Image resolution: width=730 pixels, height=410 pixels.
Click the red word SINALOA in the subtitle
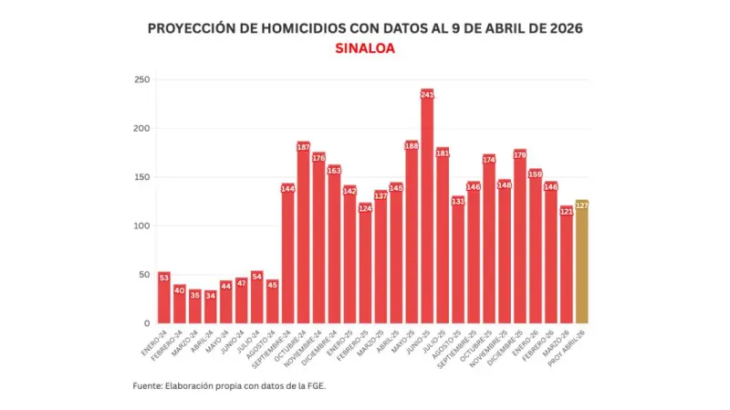coord(365,49)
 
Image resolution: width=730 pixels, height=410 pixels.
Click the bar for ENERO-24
coord(164,299)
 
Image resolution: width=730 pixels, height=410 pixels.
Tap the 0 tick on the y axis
coord(144,323)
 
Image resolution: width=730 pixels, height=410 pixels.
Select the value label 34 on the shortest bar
coord(211,295)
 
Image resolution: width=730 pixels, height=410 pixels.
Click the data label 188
coord(412,145)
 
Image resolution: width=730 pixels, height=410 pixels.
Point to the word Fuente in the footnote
coord(147,386)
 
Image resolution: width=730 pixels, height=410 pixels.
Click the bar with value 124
coord(365,265)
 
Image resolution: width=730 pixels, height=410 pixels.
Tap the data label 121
coord(567,211)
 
